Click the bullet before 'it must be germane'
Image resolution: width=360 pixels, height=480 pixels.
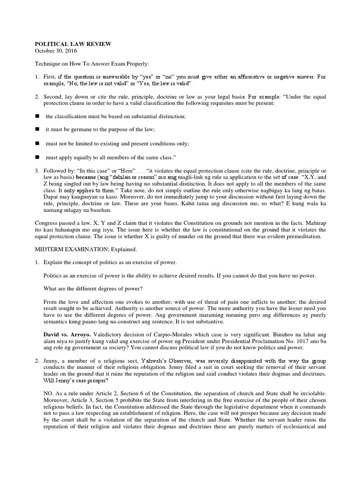tap(37, 129)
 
